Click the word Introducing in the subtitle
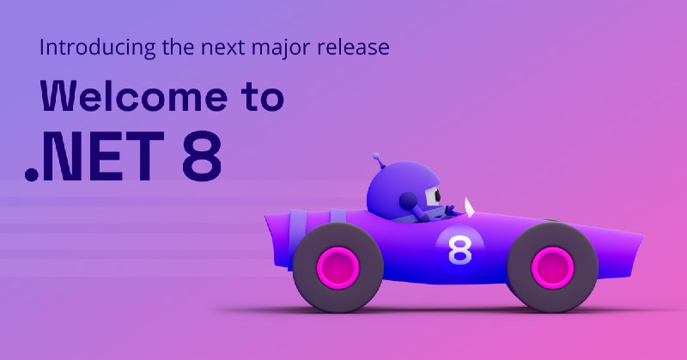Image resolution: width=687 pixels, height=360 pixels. click(97, 48)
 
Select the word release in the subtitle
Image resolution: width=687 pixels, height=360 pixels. click(353, 47)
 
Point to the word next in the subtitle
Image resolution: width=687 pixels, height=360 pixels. click(222, 48)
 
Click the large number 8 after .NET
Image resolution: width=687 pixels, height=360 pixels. click(202, 156)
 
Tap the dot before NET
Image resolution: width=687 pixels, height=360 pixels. click(32, 174)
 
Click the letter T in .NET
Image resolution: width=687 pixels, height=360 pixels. click(144, 156)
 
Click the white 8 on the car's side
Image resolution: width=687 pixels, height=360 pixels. click(460, 250)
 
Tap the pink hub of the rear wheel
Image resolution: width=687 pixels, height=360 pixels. click(337, 267)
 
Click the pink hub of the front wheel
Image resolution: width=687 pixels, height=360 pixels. click(552, 267)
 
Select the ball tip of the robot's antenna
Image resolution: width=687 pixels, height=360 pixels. click(375, 156)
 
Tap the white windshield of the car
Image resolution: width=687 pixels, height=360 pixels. click(469, 207)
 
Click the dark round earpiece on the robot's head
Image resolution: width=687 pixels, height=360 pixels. click(407, 200)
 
